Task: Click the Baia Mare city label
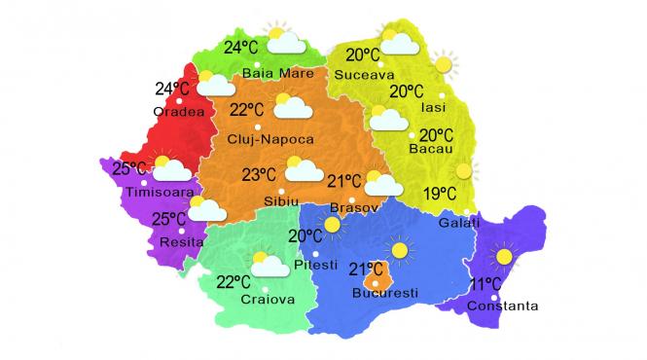pyautogui.click(x=277, y=73)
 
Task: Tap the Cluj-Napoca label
pyautogui.click(x=265, y=139)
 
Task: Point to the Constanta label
pyautogui.click(x=502, y=306)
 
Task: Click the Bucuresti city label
pyautogui.click(x=384, y=291)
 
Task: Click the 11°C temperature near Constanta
pyautogui.click(x=485, y=284)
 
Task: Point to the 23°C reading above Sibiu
pyautogui.click(x=259, y=175)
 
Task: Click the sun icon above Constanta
pyautogui.click(x=503, y=258)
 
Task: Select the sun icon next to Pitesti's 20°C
pyautogui.click(x=335, y=226)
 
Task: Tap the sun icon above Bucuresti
pyautogui.click(x=398, y=250)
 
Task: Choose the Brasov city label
pyautogui.click(x=349, y=208)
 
